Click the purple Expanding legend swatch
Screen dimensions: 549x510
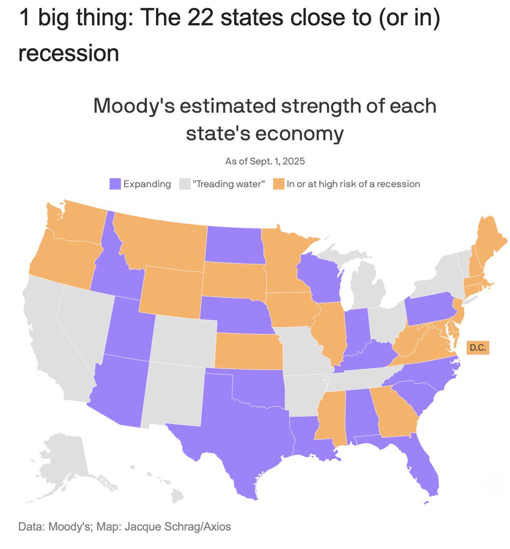115,184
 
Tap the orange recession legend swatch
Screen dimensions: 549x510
279,184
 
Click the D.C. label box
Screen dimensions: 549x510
477,348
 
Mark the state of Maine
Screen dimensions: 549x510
490,242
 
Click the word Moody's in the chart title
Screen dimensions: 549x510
134,106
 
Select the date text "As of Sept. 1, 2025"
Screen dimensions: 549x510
265,161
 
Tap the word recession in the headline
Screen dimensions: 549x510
69,53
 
